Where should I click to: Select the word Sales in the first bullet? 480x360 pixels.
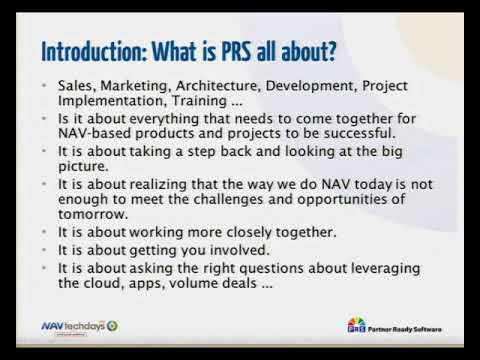pyautogui.click(x=75, y=88)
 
